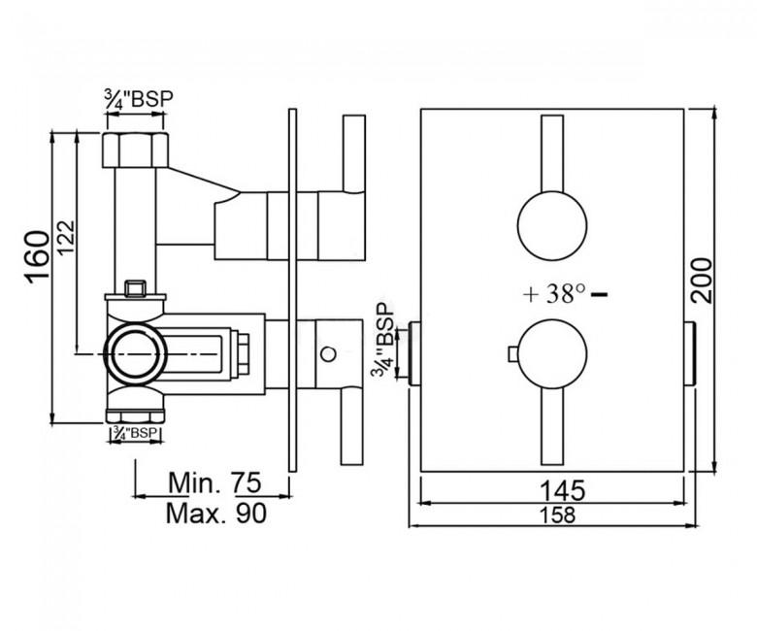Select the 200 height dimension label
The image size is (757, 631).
point(702,281)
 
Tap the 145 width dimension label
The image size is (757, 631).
point(562,490)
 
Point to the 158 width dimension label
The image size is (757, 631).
point(558,515)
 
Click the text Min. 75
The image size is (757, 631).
point(214,482)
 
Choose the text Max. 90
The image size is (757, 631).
point(215,514)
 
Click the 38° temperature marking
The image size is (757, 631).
point(566,293)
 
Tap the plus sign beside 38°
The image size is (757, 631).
point(531,294)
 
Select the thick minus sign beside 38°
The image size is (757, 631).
point(599,293)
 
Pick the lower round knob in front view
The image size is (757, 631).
point(552,354)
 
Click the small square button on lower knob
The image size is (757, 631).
point(512,354)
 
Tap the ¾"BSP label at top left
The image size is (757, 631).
point(139,99)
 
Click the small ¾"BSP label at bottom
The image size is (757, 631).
point(135,433)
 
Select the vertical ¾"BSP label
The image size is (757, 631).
point(382,340)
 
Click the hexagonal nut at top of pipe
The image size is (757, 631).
point(136,149)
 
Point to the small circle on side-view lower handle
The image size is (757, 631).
point(328,354)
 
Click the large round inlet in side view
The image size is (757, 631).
point(135,354)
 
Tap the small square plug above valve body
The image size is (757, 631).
point(135,288)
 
